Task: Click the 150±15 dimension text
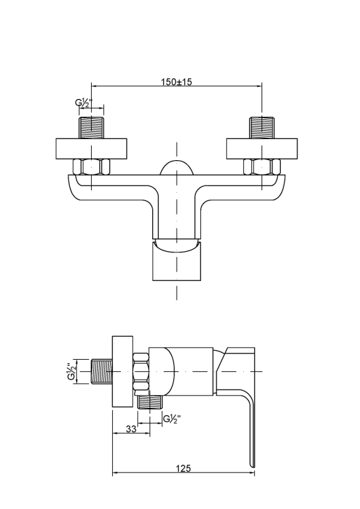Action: click(177, 81)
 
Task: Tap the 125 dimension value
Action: click(183, 468)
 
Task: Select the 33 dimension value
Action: click(131, 429)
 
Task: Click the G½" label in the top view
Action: click(84, 102)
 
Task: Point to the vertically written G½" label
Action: click(71, 372)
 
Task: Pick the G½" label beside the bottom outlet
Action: click(172, 419)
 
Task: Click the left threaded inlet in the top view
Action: click(91, 128)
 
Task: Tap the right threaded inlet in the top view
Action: click(262, 128)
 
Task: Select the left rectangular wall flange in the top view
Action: click(91, 149)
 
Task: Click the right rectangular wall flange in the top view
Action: click(262, 149)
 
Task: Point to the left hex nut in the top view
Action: click(91, 167)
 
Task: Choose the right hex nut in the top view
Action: click(262, 167)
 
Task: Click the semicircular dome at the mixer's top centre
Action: click(177, 168)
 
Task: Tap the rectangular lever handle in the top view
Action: click(177, 261)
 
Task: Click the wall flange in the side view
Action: click(122, 371)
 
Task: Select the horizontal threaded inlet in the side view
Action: click(102, 371)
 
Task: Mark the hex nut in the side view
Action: click(141, 371)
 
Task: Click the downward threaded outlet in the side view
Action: click(150, 402)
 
